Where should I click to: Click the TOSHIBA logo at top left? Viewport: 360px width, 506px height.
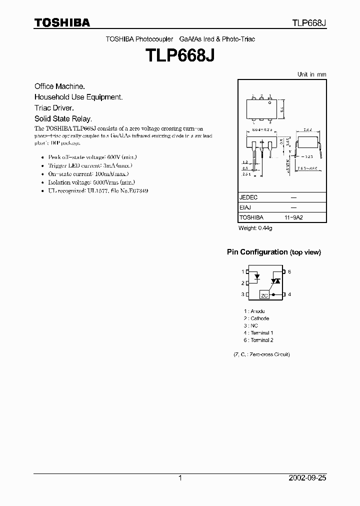(x=62, y=23)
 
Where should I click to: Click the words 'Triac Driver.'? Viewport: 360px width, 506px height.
(x=54, y=108)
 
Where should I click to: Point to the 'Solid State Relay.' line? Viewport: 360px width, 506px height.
(x=63, y=119)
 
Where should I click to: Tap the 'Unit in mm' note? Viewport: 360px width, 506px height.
(x=311, y=74)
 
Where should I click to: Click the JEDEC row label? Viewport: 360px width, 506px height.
(x=248, y=197)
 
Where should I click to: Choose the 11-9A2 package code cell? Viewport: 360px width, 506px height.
(x=294, y=217)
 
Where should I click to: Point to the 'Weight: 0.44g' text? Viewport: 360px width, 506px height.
(x=255, y=228)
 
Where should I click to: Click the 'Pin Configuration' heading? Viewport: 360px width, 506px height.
(x=257, y=252)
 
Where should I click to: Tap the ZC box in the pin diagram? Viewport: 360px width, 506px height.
(x=264, y=295)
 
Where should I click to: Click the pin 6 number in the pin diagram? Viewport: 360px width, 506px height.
(x=289, y=271)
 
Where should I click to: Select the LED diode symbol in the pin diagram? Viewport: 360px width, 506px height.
(x=257, y=276)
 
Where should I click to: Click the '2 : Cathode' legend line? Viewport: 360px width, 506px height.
(x=256, y=318)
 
